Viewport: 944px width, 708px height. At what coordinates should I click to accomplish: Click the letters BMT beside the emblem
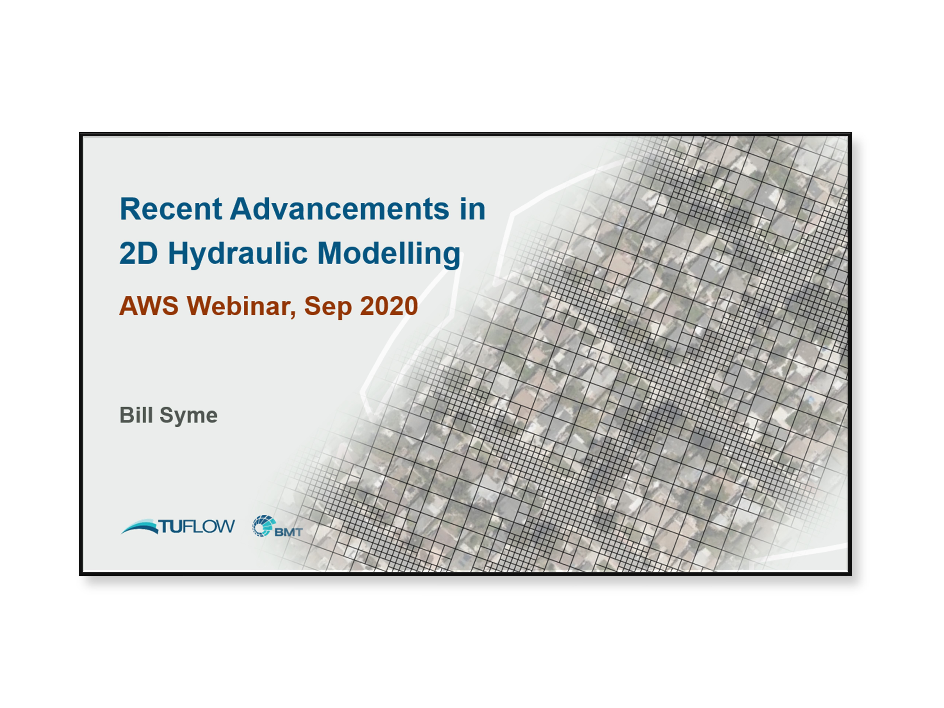(289, 532)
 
